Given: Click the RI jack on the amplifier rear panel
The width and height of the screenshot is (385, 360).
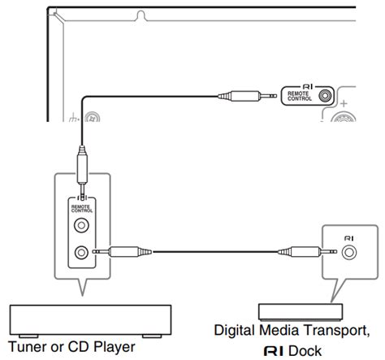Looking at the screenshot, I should coord(325,95).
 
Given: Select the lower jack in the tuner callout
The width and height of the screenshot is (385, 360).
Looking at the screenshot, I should coord(81,252).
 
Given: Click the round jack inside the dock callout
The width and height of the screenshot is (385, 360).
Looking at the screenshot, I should coord(348,252).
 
